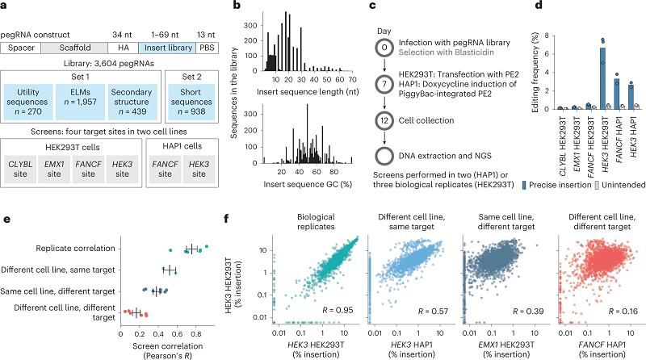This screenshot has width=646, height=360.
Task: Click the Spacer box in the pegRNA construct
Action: (x=21, y=48)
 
